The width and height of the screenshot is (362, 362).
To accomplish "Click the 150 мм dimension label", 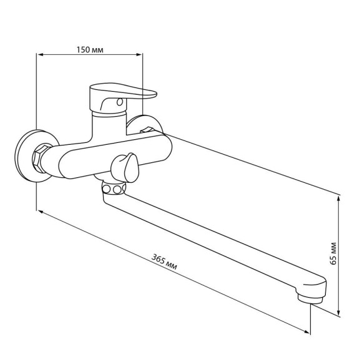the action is click(90, 50).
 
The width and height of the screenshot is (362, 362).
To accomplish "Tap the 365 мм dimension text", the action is click(164, 262).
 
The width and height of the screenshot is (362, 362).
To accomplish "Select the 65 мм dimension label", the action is click(333, 253).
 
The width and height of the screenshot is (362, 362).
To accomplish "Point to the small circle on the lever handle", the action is click(120, 102).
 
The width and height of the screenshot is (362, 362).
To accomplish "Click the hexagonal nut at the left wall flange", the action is click(41, 157).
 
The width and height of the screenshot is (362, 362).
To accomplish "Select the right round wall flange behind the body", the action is click(144, 124).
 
